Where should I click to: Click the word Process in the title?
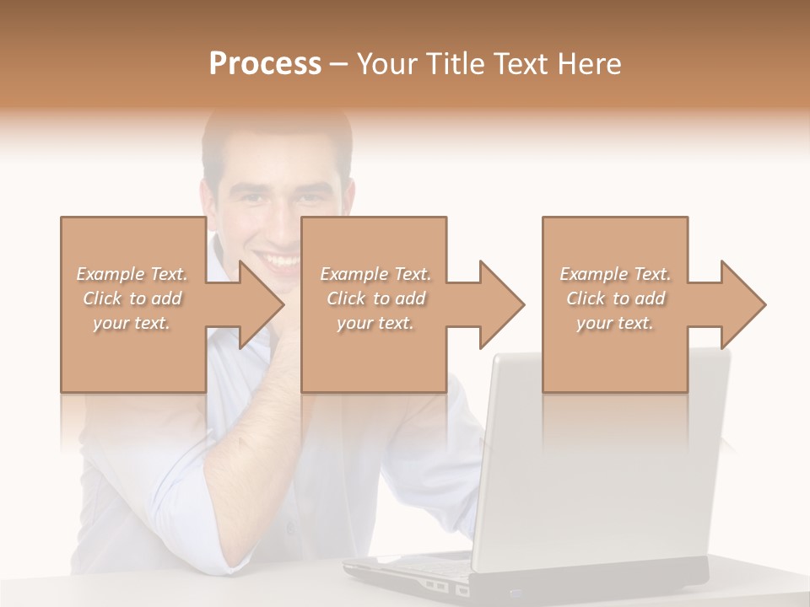click(265, 64)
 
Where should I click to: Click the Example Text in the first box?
click(132, 274)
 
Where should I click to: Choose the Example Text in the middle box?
click(375, 274)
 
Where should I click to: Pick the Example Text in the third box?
click(615, 274)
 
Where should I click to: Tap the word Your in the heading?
click(385, 64)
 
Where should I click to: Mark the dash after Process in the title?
click(339, 64)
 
